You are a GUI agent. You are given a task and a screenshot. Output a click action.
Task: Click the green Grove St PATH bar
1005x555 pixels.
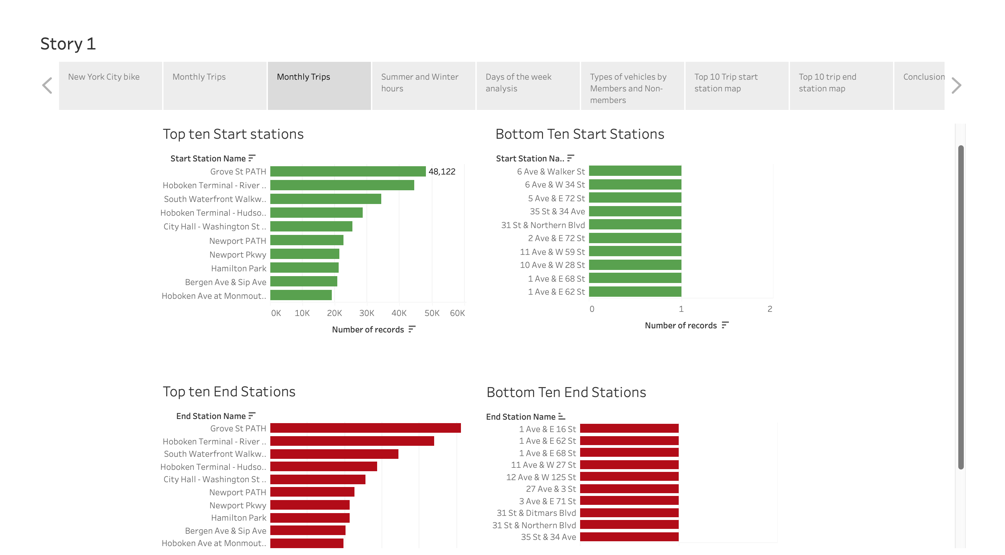point(348,172)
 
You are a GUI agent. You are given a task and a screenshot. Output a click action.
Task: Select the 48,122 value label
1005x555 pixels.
point(442,172)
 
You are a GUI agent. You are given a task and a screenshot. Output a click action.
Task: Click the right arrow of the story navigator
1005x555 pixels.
point(956,86)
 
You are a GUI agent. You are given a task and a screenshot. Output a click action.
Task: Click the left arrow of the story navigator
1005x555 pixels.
point(47,86)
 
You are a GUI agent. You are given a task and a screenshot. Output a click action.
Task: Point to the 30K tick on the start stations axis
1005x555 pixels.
point(366,313)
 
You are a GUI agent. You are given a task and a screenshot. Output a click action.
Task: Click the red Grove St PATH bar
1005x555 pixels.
point(365,428)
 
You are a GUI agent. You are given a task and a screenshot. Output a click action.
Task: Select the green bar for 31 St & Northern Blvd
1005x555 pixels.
point(635,225)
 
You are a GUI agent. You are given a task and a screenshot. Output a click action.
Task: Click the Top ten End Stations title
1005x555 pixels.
point(229,392)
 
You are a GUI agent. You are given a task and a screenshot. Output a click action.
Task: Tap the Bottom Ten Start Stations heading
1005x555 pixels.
point(579,134)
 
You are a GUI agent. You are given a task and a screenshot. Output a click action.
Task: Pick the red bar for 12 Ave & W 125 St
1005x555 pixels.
point(629,477)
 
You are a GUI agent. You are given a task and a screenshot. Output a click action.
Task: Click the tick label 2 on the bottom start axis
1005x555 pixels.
point(769,309)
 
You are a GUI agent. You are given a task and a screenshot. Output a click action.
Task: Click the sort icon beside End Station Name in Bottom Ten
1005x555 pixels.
point(562,417)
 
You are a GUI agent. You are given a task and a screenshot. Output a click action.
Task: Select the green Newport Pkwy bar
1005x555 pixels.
point(305,254)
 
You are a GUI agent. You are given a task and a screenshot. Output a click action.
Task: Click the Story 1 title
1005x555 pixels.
point(68,44)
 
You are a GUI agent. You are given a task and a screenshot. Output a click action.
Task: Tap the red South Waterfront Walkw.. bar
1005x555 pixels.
point(334,454)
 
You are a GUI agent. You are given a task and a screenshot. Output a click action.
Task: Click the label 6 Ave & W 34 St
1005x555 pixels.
point(554,185)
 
